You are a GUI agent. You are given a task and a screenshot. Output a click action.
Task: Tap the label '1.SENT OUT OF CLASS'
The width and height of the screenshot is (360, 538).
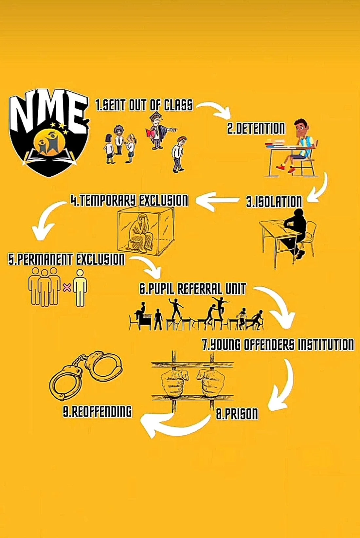tap(144, 105)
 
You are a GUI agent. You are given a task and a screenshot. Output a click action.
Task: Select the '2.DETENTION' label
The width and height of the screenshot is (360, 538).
tap(256, 128)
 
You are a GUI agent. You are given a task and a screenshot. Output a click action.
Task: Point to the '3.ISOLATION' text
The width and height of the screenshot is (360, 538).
tap(274, 202)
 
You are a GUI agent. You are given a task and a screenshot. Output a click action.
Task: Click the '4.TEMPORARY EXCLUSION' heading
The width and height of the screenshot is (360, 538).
tap(130, 200)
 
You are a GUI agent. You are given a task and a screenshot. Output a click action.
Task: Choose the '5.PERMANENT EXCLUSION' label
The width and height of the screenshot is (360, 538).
tap(66, 260)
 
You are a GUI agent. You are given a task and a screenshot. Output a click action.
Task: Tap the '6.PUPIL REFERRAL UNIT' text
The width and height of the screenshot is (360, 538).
tap(192, 289)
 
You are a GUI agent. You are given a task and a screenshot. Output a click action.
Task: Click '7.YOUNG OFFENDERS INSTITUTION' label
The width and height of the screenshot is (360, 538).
tap(278, 345)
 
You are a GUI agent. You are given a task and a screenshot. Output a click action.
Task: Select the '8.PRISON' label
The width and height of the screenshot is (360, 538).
tap(237, 414)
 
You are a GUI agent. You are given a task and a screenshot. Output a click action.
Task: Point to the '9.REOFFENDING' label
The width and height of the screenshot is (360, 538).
tap(97, 412)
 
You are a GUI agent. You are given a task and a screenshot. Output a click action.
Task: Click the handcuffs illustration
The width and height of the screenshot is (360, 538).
tap(86, 374)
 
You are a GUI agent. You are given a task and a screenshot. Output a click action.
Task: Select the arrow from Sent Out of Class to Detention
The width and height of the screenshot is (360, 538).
tap(214, 109)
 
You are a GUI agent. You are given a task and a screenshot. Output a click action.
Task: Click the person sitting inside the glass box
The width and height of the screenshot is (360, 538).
tap(141, 232)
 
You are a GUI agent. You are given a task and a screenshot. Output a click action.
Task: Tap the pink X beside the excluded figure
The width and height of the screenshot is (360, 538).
tap(67, 288)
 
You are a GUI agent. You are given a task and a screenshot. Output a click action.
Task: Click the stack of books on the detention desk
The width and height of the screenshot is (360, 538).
tap(274, 143)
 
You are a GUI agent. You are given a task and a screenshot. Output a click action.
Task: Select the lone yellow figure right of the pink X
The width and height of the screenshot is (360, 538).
tap(80, 288)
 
